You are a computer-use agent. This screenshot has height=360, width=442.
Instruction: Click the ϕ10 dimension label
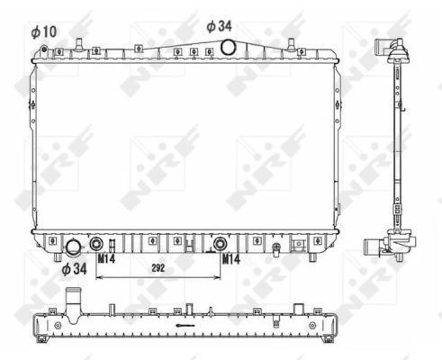44,31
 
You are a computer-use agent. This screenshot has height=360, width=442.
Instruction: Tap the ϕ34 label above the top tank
219,26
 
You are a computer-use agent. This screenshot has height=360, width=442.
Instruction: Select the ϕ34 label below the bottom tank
74,269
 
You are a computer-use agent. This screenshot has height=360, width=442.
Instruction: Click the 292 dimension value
158,268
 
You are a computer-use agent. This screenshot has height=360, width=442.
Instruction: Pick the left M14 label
106,258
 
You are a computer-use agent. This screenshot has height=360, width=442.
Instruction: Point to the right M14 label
231,259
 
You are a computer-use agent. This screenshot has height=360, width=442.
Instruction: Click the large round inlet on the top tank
228,47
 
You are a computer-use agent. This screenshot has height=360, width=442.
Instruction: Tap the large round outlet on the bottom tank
73,247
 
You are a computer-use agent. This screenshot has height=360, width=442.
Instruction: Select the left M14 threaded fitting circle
96,244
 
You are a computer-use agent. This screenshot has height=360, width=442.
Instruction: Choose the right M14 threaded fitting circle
220,244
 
